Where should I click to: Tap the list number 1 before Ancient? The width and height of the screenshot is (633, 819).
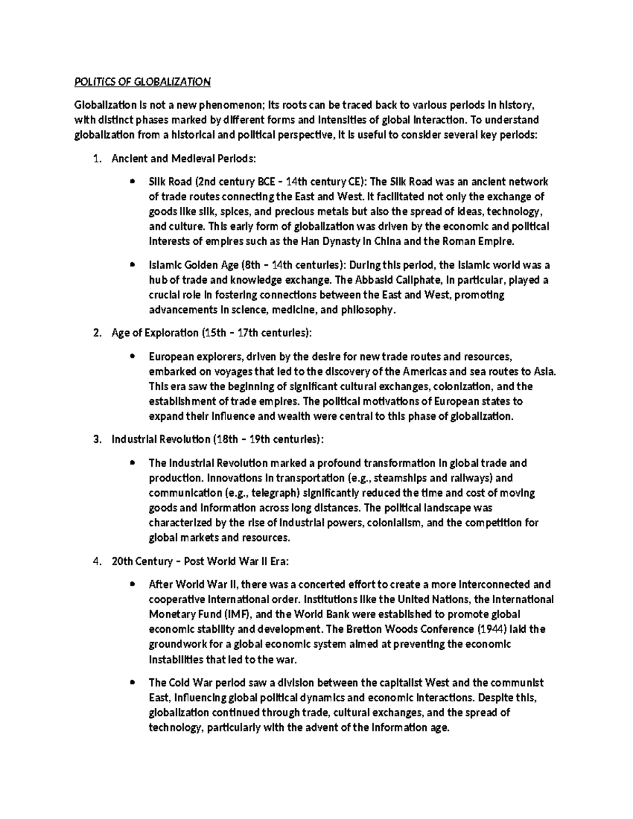[x=95, y=158]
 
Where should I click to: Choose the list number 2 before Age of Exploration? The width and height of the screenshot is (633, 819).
[x=95, y=333]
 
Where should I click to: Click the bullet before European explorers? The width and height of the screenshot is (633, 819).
[x=132, y=356]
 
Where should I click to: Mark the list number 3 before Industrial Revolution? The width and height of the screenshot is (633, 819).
[x=95, y=439]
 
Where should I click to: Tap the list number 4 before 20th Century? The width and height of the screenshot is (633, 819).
[x=95, y=561]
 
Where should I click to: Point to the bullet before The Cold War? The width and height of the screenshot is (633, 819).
[x=132, y=682]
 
